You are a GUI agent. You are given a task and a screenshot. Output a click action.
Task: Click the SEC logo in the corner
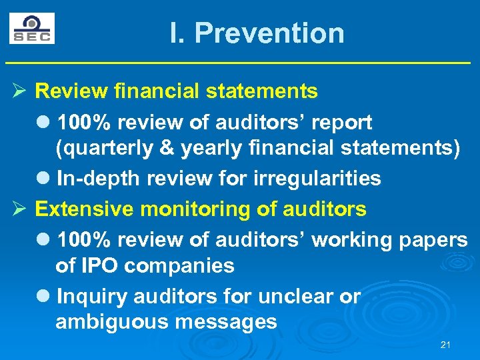point(32,28)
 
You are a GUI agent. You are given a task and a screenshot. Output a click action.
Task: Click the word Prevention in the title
point(269,33)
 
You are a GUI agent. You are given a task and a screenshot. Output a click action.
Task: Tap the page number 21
point(446,345)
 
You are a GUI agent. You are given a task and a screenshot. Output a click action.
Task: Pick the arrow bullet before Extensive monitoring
point(20,209)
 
